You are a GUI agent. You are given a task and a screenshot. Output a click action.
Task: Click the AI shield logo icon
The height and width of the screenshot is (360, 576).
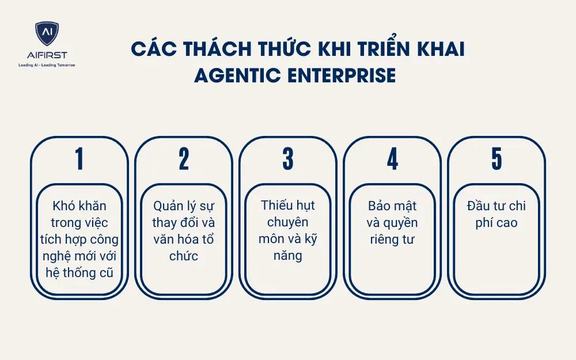coord(47,35)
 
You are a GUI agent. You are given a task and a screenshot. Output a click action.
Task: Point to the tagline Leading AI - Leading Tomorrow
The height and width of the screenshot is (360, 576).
coord(47,65)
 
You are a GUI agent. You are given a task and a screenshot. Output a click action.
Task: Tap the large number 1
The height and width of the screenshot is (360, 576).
coord(79,159)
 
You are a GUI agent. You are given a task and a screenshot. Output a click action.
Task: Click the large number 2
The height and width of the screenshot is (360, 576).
coord(184,159)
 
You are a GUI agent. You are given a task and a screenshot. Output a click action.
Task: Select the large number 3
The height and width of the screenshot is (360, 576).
coord(288,159)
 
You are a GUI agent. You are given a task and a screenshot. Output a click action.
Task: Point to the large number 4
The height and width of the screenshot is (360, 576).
coord(392,159)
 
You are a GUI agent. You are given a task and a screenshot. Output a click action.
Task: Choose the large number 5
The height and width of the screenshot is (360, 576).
coord(497,159)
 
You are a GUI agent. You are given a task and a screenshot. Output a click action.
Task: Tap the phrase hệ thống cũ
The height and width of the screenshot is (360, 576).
coord(79,272)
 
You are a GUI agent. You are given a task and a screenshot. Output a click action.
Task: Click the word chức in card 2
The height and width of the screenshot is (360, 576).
coord(184,256)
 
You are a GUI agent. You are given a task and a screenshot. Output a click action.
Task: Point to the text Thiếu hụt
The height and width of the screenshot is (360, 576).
coord(288,205)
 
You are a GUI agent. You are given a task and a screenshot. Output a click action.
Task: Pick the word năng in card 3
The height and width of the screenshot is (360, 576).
coord(288,255)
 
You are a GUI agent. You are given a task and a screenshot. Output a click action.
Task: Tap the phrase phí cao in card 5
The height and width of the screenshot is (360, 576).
coord(497,222)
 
